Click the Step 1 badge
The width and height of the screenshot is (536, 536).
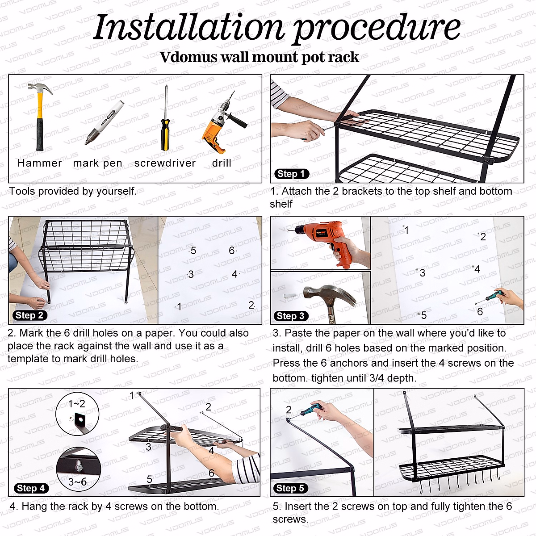292,174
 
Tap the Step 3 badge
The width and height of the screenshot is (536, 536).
291,316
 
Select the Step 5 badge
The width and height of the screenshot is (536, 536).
290,488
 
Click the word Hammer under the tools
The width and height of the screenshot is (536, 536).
39,163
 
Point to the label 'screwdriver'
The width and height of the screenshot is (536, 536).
165,163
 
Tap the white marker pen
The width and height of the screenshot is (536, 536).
104,123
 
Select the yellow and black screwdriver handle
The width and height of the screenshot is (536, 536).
165,134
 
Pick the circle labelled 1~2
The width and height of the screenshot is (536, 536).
77,414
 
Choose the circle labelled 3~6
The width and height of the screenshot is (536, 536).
79,470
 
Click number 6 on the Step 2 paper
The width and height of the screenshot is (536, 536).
231,250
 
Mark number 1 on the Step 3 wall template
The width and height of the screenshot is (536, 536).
406,230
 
